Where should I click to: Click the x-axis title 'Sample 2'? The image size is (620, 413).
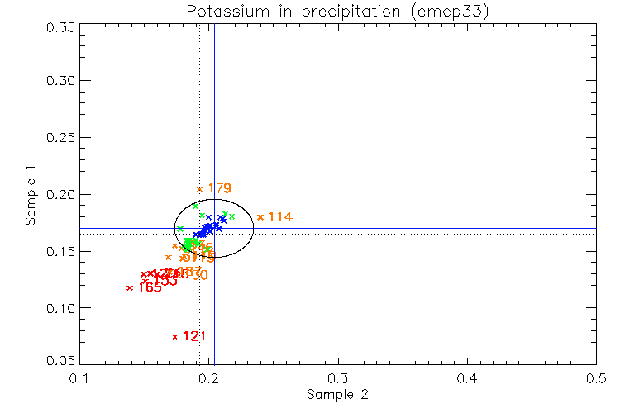click(x=337, y=395)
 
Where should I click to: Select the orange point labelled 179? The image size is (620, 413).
click(x=199, y=189)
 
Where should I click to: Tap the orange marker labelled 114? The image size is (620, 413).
click(x=260, y=217)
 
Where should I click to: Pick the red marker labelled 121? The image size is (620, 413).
click(x=174, y=336)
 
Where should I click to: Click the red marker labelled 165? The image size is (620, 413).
click(x=130, y=287)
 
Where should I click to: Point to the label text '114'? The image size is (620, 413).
click(x=280, y=216)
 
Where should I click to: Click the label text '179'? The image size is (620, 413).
click(x=219, y=188)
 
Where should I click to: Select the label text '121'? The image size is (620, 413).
click(x=194, y=336)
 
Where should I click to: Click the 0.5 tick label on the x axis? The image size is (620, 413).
click(x=595, y=378)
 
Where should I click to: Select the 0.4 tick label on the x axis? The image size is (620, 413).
click(x=466, y=378)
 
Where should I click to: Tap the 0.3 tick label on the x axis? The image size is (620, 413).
click(x=337, y=378)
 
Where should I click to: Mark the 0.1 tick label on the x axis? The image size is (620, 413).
click(x=79, y=378)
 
